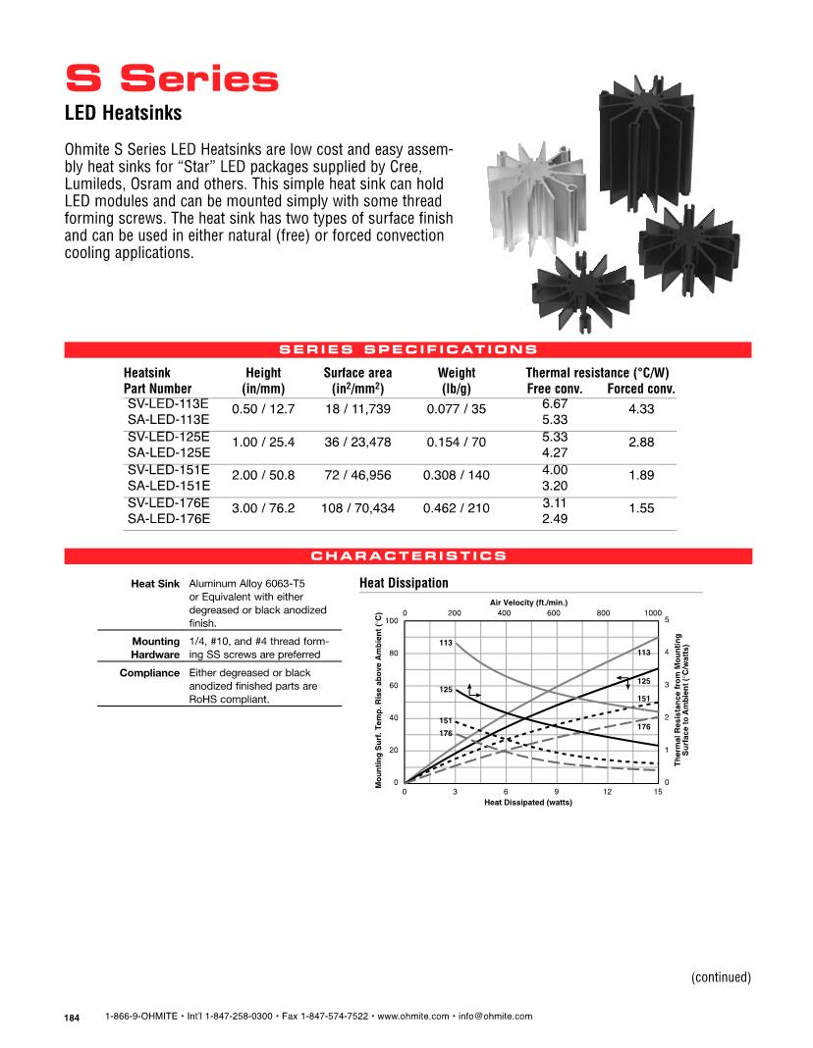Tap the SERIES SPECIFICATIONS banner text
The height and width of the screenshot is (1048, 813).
click(407, 348)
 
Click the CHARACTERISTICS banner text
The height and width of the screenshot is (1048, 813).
click(407, 556)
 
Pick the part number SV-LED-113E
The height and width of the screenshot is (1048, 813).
click(168, 403)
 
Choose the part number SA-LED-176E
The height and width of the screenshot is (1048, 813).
click(168, 517)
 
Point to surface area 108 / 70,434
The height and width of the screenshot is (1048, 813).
click(357, 509)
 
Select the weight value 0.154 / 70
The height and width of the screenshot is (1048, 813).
click(456, 443)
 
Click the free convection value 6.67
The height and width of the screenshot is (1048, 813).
click(556, 403)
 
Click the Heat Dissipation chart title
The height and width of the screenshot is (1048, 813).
click(405, 583)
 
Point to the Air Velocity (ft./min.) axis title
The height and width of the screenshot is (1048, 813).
click(529, 601)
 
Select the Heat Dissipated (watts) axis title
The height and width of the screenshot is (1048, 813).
click(527, 802)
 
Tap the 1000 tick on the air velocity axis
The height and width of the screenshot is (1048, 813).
click(653, 612)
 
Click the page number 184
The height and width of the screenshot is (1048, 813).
click(72, 1018)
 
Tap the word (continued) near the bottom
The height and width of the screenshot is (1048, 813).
click(720, 976)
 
